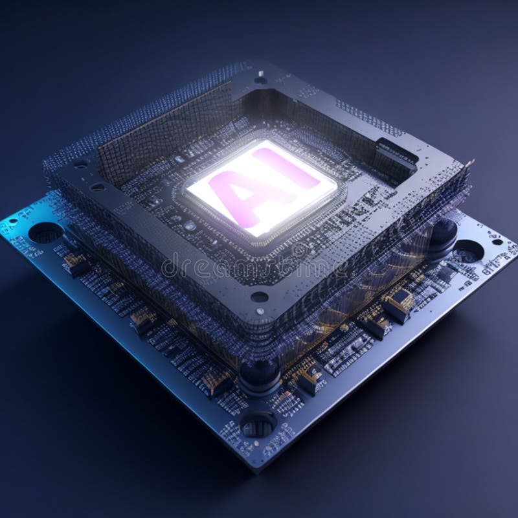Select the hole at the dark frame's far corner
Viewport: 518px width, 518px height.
(x=260, y=80)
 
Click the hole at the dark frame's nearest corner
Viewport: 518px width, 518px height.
(x=259, y=297)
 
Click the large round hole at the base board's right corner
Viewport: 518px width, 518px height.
(x=467, y=251)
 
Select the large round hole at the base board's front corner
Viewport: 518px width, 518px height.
(x=258, y=425)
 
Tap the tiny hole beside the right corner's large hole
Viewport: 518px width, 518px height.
(x=497, y=242)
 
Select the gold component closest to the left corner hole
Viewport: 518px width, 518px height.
(x=76, y=262)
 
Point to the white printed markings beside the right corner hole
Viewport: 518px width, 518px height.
(x=495, y=262)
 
